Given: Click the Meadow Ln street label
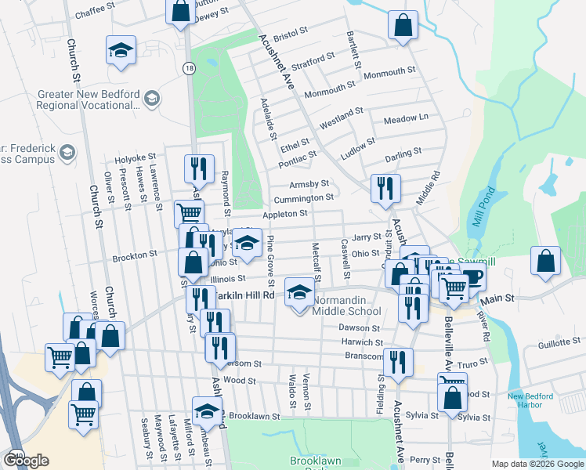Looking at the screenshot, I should click(406, 117).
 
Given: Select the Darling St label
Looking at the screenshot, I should click(403, 151).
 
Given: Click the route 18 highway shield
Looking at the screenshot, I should click(189, 68).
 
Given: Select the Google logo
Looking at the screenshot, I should click(26, 461).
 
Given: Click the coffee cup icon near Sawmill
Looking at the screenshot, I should click(472, 275).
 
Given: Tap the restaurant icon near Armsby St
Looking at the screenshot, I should click(384, 187).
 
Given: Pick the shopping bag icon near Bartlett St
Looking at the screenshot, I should click(402, 25).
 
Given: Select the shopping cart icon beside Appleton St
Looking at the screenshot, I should click(189, 213).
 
